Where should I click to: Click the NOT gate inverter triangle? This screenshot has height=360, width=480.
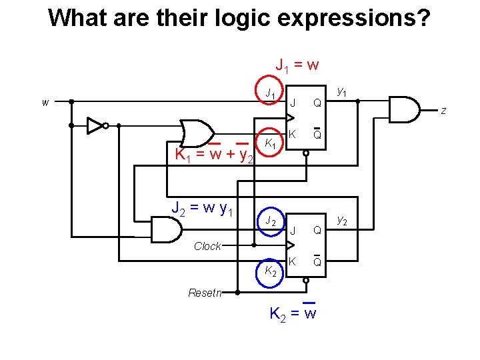point(95,125)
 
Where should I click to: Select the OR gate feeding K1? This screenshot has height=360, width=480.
point(197,132)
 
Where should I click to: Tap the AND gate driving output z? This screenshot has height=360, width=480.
point(404,110)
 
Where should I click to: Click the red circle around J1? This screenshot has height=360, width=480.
point(270,94)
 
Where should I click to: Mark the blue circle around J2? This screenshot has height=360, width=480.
point(270,220)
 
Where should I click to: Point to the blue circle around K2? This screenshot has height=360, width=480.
point(270,270)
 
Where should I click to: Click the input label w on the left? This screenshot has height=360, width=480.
point(45,103)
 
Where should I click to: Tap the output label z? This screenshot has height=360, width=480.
point(443,111)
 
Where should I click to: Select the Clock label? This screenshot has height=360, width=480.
point(207,247)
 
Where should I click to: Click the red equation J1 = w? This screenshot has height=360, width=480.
point(297,65)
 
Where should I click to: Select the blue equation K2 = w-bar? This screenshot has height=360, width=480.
point(292,312)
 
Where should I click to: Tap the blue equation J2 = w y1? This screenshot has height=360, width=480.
point(202,210)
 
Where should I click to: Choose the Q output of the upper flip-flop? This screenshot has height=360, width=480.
point(317,103)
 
